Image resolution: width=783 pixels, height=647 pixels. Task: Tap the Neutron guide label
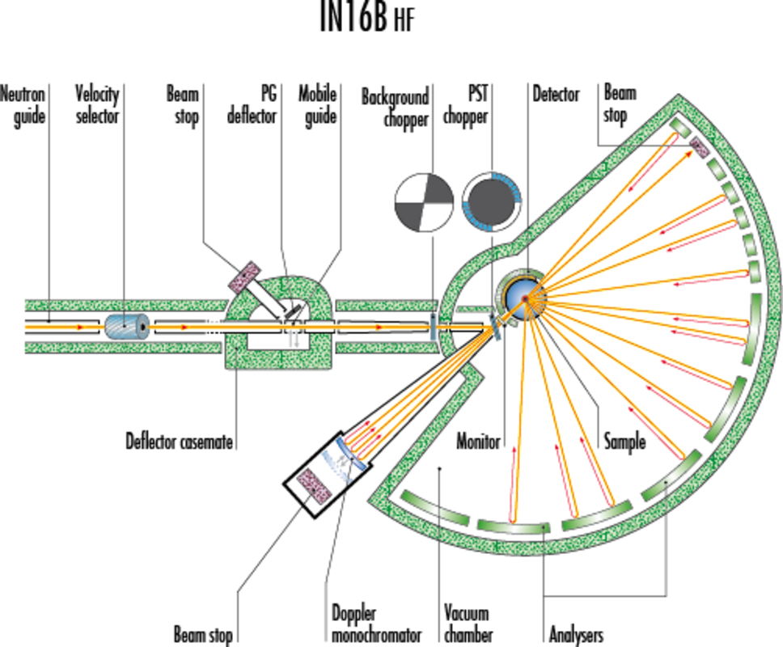point(23,105)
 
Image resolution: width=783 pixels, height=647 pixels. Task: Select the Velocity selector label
point(97,104)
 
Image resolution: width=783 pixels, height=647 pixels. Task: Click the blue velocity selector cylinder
point(127,327)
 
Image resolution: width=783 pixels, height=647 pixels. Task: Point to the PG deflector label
point(252,105)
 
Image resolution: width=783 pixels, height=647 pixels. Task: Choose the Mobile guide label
point(318,105)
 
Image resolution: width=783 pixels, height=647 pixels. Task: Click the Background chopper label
point(396,108)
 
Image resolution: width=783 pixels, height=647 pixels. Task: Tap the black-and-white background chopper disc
point(424,203)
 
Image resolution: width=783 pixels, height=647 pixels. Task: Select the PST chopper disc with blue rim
point(492,202)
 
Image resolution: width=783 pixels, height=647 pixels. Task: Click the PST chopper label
point(466,105)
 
